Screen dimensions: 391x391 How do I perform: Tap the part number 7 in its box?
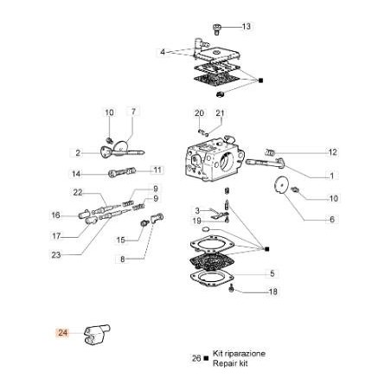(133, 112)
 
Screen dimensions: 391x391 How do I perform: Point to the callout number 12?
(307, 152)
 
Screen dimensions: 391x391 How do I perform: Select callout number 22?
(78, 191)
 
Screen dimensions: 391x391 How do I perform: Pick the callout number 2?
(78, 152)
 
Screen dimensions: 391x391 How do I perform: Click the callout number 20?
(199, 113)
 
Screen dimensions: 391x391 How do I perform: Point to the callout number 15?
(122, 239)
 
